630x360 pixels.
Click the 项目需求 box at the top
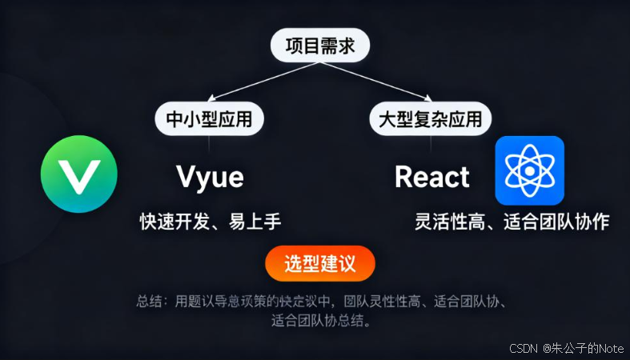point(320,46)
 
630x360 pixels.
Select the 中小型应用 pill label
point(209,119)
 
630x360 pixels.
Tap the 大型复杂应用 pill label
point(430,119)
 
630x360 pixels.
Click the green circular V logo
point(79,174)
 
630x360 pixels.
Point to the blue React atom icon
point(529,170)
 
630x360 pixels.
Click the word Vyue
point(209,176)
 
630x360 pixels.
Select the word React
point(431,176)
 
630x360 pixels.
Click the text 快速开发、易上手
point(211,222)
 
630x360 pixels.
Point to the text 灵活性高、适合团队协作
point(512,222)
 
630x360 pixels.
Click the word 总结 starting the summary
point(148,302)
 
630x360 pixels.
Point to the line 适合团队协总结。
point(320,322)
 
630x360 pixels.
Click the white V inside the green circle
point(79,174)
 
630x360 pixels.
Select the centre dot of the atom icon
point(529,171)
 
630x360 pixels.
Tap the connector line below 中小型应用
point(209,144)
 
